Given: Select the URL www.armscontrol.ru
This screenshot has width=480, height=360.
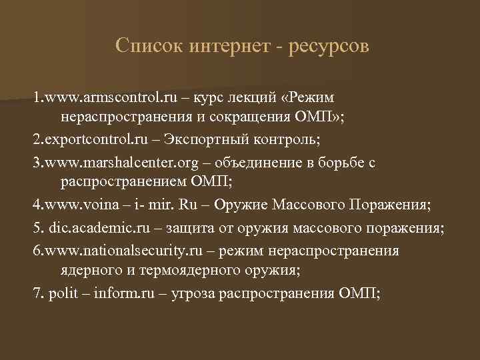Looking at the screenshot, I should coord(111,99).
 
